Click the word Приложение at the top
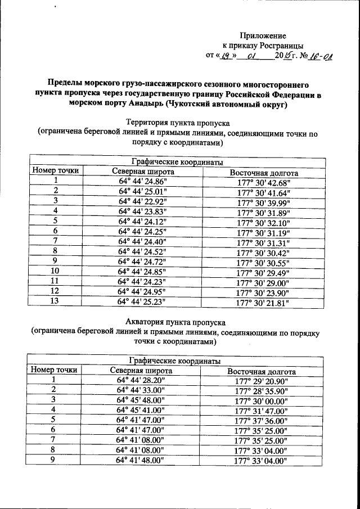[x=263, y=35]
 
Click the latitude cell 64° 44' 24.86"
[x=143, y=182]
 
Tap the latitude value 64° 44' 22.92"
[x=143, y=201]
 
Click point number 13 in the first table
[x=55, y=301]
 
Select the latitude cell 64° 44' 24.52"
[x=143, y=251]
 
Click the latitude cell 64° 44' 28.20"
[x=141, y=380]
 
